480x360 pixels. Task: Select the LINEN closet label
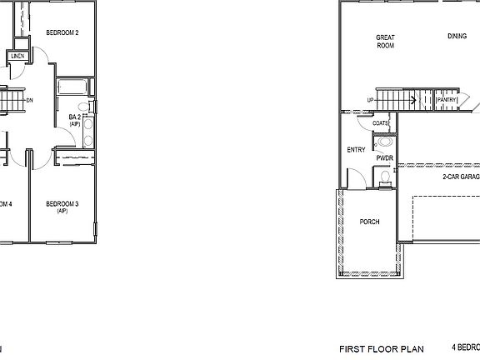(17, 57)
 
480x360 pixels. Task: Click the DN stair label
(29, 101)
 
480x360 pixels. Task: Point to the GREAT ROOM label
(385, 41)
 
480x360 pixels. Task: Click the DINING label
(457, 37)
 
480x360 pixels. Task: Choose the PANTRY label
(447, 99)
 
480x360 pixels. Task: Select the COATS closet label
(381, 122)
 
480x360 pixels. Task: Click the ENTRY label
(356, 150)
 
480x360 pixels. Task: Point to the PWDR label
(384, 157)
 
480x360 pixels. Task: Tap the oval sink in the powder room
(382, 142)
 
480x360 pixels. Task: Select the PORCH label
(369, 222)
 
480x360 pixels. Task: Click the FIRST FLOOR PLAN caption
(381, 348)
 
